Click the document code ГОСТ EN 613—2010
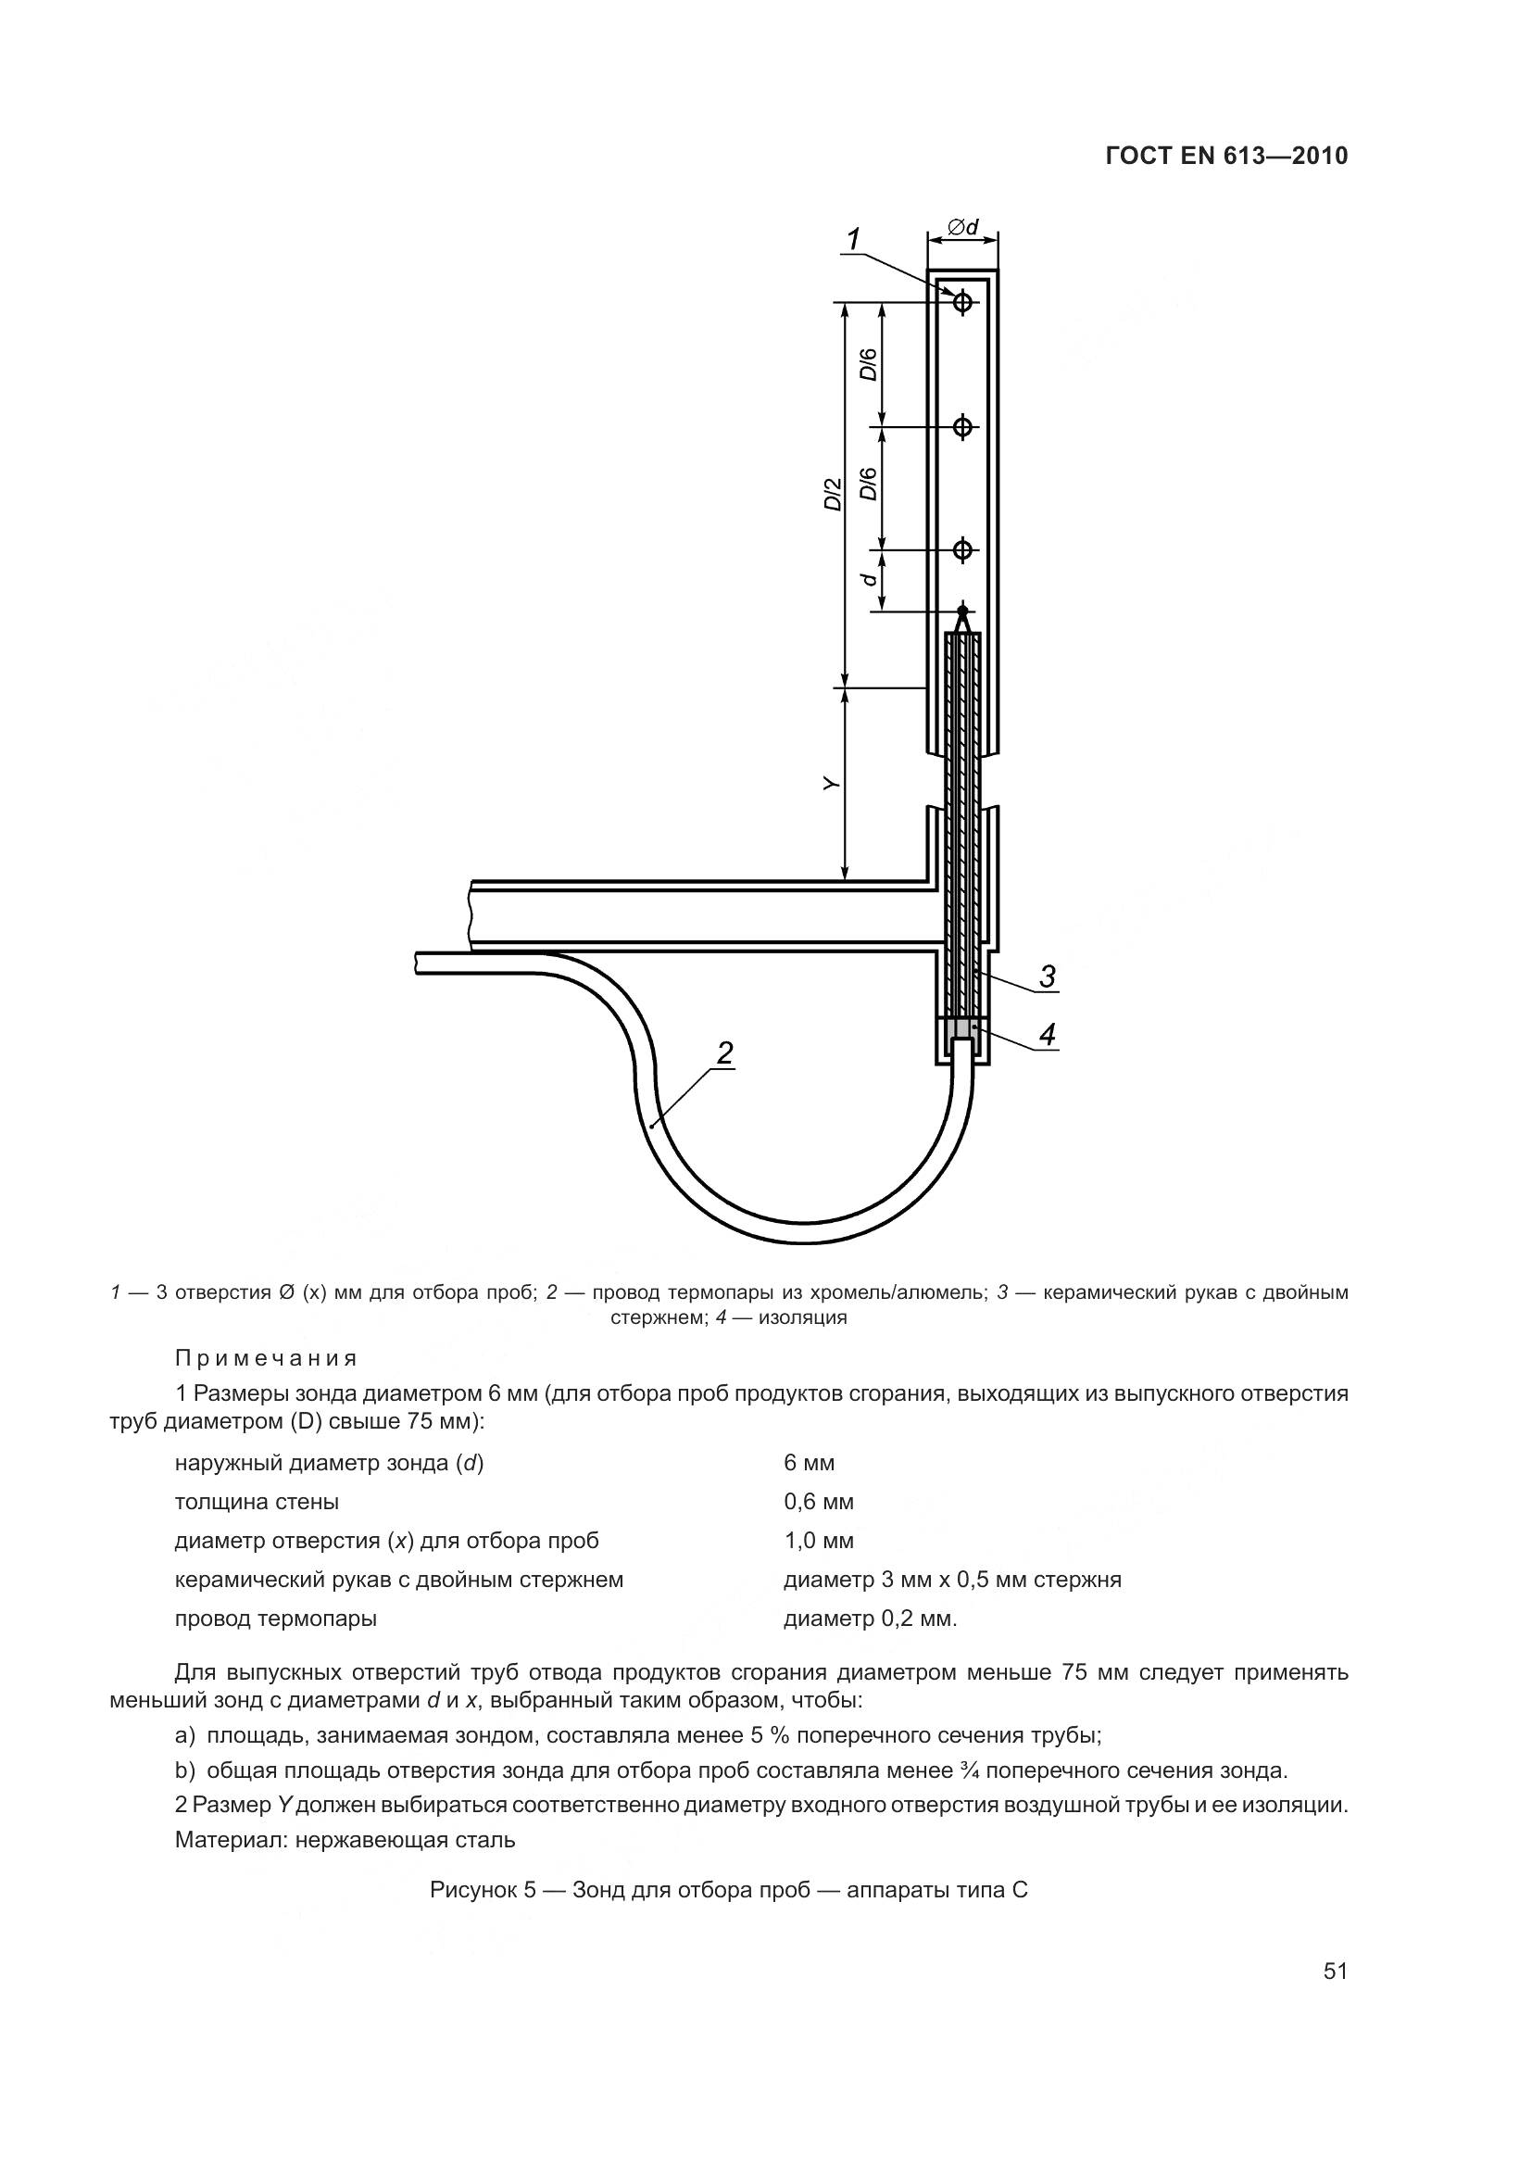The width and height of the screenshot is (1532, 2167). (1226, 156)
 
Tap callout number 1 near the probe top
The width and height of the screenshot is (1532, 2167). (854, 240)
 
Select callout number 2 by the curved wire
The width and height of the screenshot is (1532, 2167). (723, 1052)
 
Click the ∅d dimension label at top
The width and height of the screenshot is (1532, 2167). (963, 226)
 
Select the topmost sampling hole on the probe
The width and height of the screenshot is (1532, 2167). (962, 302)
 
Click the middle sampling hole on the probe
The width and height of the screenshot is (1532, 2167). (962, 426)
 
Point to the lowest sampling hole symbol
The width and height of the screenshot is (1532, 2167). (962, 548)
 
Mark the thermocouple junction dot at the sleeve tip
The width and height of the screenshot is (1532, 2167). (962, 611)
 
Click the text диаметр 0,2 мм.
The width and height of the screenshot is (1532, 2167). (870, 1619)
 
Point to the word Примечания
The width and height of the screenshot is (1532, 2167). (266, 1358)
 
